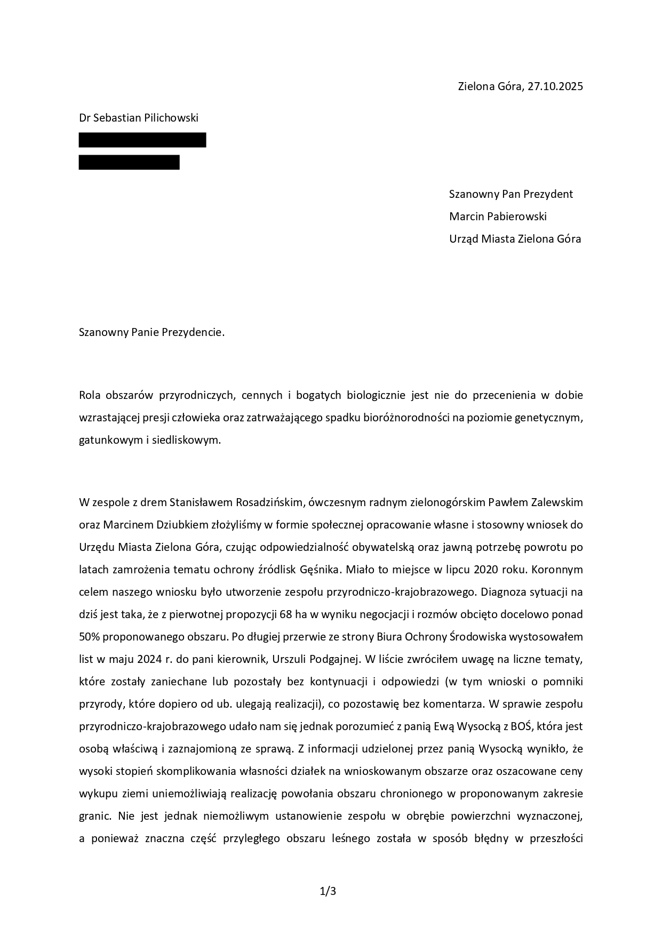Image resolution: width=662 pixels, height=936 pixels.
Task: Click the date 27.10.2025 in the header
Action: click(x=555, y=86)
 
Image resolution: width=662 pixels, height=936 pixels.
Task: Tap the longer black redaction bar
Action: click(x=142, y=140)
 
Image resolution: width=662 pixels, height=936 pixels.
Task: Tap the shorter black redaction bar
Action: click(x=129, y=162)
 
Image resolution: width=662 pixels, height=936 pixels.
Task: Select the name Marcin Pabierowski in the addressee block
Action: click(x=498, y=217)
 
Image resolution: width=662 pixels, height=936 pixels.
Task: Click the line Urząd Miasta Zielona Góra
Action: click(x=515, y=239)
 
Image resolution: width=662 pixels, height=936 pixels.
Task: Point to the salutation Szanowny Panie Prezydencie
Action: click(x=151, y=333)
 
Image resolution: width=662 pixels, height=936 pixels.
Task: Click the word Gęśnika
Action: click(x=322, y=570)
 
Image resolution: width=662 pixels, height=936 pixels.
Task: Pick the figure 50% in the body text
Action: click(x=89, y=637)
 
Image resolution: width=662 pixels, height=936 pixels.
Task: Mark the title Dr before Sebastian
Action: click(x=85, y=118)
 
